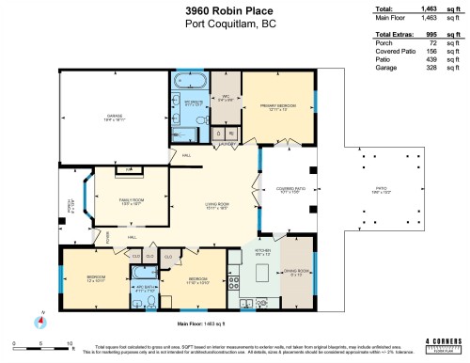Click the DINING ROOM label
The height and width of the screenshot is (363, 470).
click(x=297, y=274)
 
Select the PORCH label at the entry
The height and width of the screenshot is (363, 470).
click(x=67, y=204)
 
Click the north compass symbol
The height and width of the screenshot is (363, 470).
click(x=40, y=322)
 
